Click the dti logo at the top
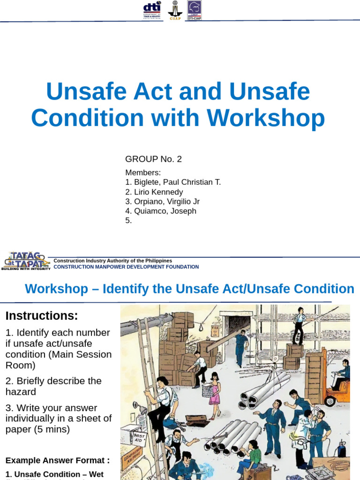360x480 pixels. [x=152, y=10]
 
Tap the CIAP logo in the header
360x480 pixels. [x=175, y=10]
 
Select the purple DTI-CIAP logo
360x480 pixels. [x=195, y=10]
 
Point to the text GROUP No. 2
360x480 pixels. [x=153, y=159]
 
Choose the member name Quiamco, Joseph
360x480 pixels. [x=160, y=211]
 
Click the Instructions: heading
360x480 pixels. [x=42, y=316]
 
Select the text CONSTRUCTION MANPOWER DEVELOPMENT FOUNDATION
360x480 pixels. [x=126, y=267]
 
